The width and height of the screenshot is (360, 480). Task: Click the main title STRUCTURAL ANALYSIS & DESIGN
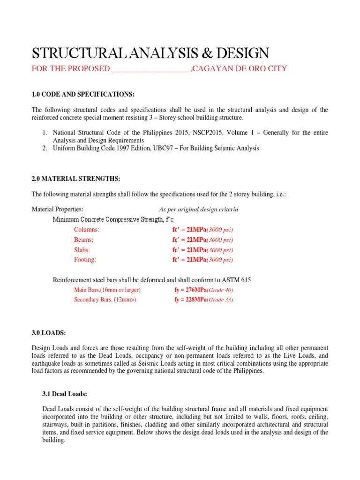tap(150, 52)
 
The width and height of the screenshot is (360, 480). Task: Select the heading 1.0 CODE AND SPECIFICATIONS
tap(83, 94)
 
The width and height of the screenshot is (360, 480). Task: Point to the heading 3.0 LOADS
tap(49, 333)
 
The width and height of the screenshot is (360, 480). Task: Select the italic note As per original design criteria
tap(199, 210)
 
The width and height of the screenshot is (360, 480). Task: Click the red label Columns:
tap(87, 230)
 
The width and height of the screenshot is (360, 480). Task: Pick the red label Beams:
tap(84, 240)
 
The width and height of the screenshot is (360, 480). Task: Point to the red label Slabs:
tap(82, 250)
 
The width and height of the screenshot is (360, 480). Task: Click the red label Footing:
tap(85, 260)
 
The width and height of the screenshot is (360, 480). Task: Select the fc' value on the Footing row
tap(189, 260)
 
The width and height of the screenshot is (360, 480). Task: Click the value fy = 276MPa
tap(190, 290)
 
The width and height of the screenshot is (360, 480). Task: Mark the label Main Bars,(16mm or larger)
tap(107, 290)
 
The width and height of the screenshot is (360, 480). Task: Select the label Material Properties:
tap(57, 210)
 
